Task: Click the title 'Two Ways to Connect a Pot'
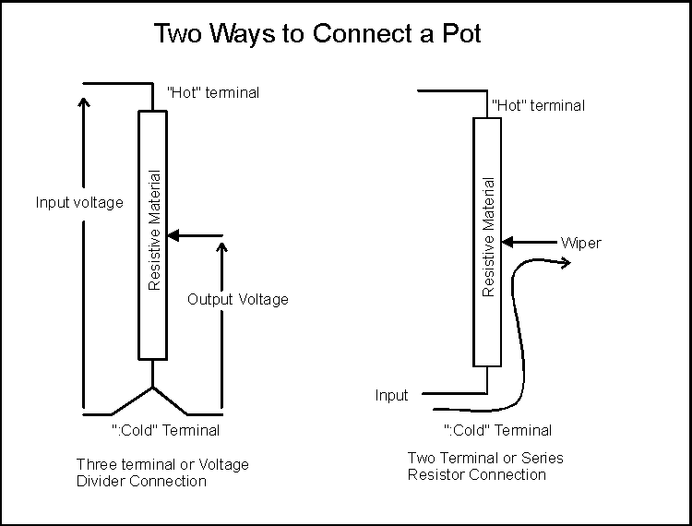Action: (x=316, y=34)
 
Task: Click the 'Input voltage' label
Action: (x=78, y=202)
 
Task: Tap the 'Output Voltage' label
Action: (x=238, y=299)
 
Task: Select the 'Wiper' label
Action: (x=580, y=243)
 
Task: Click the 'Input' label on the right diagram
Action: (x=391, y=395)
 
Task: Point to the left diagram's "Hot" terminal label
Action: (x=213, y=92)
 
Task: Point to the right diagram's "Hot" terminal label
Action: (x=538, y=105)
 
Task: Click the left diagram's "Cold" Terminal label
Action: (x=166, y=430)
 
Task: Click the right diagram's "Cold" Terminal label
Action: (x=498, y=430)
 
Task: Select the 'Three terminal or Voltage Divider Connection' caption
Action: (x=162, y=472)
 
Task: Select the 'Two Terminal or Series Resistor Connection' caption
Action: (x=484, y=466)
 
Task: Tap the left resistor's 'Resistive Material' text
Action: (x=155, y=230)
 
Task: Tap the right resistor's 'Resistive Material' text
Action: (x=489, y=237)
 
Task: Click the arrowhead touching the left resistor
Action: (x=173, y=236)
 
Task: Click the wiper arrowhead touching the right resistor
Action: (x=507, y=243)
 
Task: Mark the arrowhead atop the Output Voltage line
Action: (x=221, y=248)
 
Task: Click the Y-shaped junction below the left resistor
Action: (x=152, y=387)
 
